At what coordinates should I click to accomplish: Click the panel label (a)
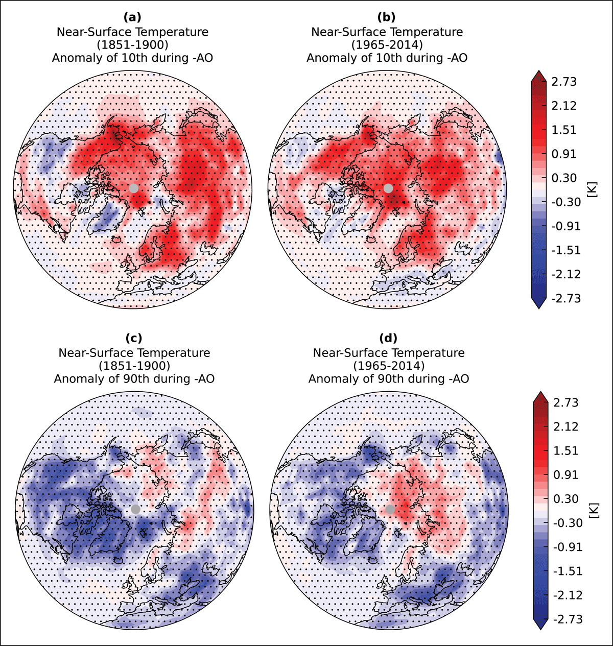(132, 17)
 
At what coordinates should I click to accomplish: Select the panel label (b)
(387, 17)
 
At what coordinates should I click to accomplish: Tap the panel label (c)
(134, 338)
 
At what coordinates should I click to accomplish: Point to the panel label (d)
(389, 338)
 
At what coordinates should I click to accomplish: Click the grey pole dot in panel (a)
(134, 188)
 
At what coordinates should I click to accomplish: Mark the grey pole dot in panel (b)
(388, 188)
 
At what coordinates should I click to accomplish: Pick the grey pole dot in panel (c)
(135, 509)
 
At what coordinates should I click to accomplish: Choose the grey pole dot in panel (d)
(390, 509)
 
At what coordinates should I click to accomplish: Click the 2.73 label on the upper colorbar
(564, 82)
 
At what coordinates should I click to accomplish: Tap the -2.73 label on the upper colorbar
(566, 298)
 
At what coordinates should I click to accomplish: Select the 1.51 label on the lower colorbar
(566, 450)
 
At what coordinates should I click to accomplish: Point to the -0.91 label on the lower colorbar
(568, 547)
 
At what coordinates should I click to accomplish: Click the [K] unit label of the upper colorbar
(592, 189)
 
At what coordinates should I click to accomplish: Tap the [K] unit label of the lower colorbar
(594, 510)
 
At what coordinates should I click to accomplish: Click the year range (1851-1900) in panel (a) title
(132, 45)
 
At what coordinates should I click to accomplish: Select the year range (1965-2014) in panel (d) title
(389, 366)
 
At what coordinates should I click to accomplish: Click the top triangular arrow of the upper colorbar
(539, 75)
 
